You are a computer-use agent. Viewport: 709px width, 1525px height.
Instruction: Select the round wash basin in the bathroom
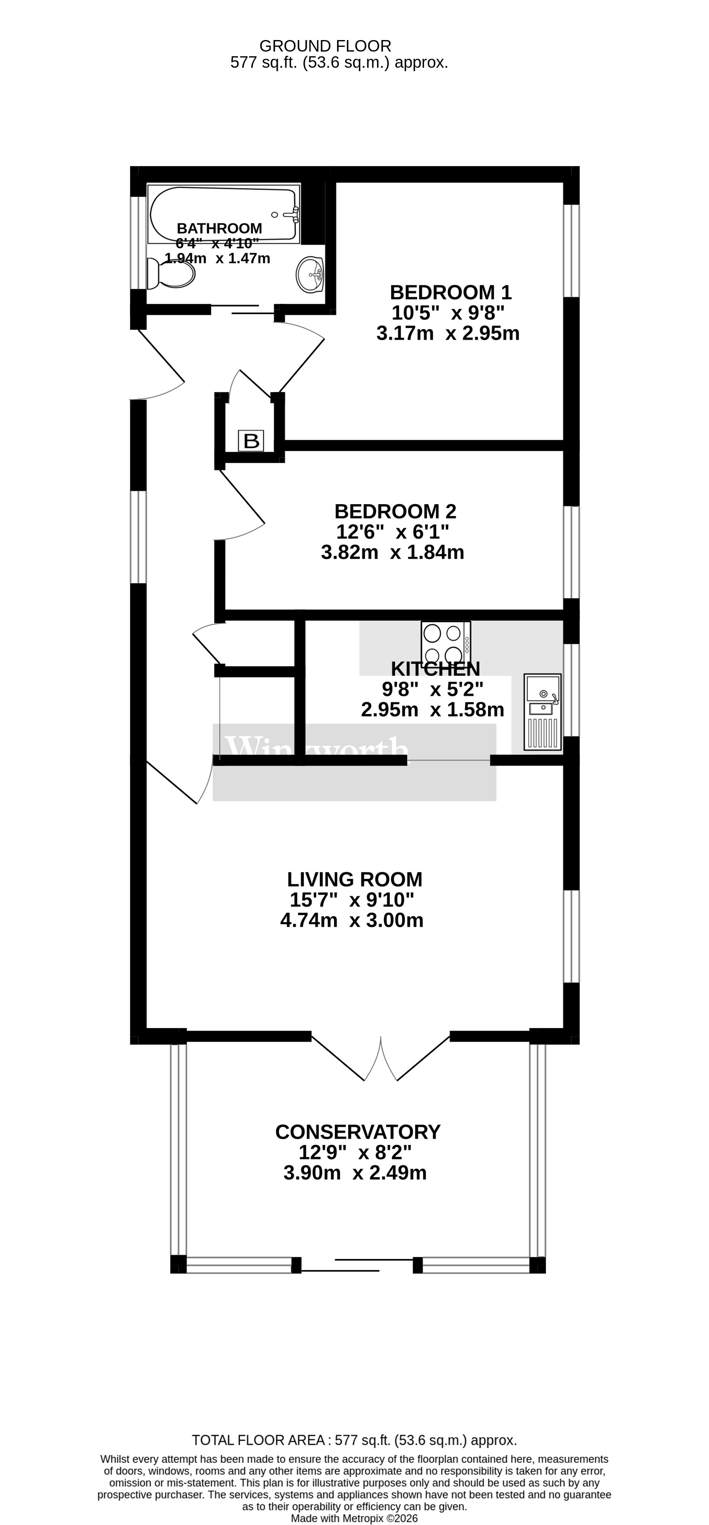310,274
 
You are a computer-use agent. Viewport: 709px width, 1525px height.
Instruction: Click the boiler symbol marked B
251,440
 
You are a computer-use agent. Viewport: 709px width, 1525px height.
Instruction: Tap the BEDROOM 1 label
450,292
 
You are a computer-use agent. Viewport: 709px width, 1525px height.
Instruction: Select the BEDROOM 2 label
395,511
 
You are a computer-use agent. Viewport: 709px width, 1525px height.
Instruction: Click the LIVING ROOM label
354,879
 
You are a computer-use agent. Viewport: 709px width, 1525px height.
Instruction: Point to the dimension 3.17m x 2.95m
448,333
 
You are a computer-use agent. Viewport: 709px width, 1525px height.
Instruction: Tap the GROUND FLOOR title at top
325,46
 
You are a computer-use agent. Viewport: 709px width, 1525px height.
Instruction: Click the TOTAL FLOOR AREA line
354,1440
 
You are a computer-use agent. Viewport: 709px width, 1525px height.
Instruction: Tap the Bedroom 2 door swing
240,509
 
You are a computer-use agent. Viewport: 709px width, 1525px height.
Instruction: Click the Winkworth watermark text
317,749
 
